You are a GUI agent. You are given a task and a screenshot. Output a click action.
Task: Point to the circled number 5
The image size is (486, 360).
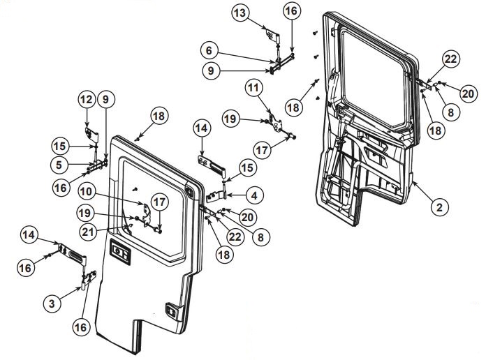[62, 165]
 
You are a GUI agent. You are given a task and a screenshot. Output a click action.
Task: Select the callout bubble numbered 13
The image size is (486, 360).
[240, 13]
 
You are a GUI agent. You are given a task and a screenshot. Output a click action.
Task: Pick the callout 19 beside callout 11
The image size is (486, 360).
[231, 120]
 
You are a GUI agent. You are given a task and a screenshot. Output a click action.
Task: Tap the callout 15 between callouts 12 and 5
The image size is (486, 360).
[61, 146]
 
